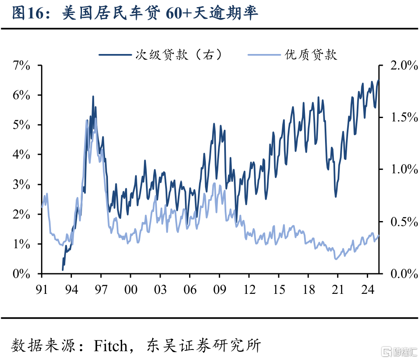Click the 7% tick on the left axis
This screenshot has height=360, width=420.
[22, 65]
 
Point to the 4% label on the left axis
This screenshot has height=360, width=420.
[22, 154]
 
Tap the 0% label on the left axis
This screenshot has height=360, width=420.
[22, 274]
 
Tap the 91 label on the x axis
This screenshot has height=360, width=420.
[41, 289]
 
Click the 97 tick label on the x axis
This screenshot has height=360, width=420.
[101, 289]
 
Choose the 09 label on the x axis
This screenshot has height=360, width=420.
[219, 289]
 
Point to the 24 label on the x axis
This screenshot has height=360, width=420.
[367, 289]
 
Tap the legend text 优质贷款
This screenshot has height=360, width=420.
[311, 54]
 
